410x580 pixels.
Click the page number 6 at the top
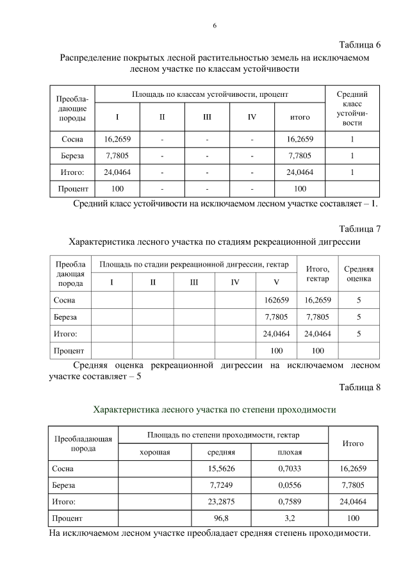coord(215,26)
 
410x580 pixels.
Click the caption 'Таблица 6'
coord(359,45)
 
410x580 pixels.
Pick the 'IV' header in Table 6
coord(252,117)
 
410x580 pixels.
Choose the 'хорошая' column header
coord(154,453)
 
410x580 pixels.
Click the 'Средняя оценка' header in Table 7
coord(359,274)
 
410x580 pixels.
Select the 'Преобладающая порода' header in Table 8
coord(84,443)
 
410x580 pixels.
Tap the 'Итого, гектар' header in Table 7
coord(317,274)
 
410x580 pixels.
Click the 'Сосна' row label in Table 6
coord(72,139)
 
